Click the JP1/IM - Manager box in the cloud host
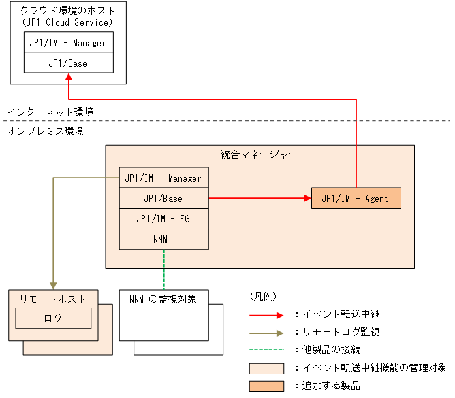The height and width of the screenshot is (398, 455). point(68,42)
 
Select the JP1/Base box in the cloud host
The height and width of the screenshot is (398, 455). point(68,63)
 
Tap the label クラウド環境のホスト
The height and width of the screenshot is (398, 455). point(68,10)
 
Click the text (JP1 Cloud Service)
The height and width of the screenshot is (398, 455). point(68,22)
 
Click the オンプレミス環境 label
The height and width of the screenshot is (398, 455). point(45,131)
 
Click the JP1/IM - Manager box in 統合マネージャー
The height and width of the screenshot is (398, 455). point(163,178)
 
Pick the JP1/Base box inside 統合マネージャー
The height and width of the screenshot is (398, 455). point(163,199)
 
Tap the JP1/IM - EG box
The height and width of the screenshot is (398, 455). point(163,219)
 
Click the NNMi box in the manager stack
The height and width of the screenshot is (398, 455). point(163,239)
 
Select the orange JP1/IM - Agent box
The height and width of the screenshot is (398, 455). point(356,199)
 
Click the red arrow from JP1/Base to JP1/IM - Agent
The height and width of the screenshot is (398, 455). point(259,199)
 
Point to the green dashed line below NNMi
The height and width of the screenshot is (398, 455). point(164,269)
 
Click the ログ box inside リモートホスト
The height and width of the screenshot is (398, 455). point(52,318)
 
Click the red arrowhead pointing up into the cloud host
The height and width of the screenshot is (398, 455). point(69,80)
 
